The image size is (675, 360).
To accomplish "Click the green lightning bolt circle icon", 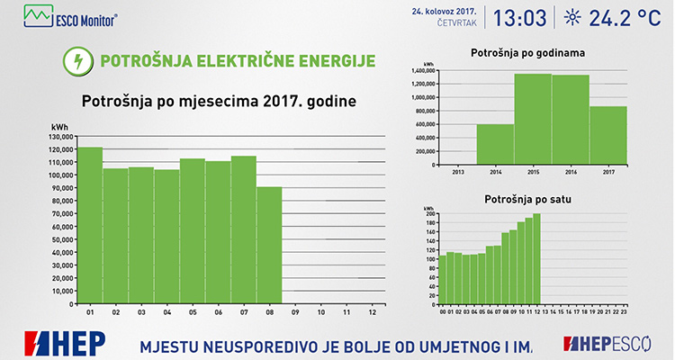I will (x=78, y=61).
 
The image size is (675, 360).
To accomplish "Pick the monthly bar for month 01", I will (x=90, y=225).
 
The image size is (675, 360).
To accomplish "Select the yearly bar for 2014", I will (x=495, y=144).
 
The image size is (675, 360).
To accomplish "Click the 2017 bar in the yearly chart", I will (x=608, y=135).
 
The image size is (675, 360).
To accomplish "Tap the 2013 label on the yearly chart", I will (x=457, y=170).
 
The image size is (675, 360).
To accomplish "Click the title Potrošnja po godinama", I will (x=527, y=54).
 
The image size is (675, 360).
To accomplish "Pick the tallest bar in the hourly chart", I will (x=536, y=258).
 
